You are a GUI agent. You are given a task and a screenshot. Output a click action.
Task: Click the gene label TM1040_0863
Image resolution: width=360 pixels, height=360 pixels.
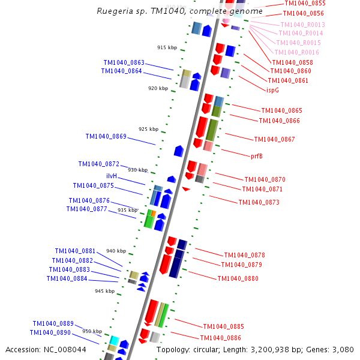pyautogui.click(x=124, y=62)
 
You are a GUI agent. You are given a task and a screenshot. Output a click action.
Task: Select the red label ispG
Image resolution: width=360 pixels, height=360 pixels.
pyautogui.click(x=272, y=90)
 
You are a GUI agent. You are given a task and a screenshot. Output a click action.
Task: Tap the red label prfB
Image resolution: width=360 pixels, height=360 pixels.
pyautogui.click(x=257, y=156)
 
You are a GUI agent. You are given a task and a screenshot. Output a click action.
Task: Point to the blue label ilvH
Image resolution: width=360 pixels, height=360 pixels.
pyautogui.click(x=112, y=176)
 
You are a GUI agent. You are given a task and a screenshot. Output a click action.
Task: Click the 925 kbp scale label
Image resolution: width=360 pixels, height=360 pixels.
pyautogui.click(x=148, y=129)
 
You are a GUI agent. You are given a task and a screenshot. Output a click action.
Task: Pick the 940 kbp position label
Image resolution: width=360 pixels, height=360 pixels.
pyautogui.click(x=116, y=251)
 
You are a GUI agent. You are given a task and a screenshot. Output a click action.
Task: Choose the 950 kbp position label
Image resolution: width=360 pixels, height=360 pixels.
pyautogui.click(x=92, y=331)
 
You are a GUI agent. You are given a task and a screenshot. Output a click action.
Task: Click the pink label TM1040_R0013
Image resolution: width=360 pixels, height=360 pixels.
pyautogui.click(x=302, y=25)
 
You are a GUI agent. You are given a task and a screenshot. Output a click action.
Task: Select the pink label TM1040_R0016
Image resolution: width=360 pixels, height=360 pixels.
pyautogui.click(x=298, y=53)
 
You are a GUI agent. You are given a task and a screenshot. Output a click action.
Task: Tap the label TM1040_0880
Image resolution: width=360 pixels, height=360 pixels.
pyautogui.click(x=238, y=279)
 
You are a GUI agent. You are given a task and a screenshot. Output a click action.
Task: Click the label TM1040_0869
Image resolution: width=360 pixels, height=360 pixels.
pyautogui.click(x=106, y=137)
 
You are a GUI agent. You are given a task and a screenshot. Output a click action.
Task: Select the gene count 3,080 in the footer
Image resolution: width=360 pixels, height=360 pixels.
pyautogui.click(x=343, y=350)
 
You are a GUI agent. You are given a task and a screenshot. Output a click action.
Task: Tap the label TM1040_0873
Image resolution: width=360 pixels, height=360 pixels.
pyautogui.click(x=259, y=203)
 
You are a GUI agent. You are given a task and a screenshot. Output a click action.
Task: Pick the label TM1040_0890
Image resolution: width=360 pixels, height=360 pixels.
pyautogui.click(x=50, y=333)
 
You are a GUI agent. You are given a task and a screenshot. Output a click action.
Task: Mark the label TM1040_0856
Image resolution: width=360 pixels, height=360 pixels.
pyautogui.click(x=303, y=13)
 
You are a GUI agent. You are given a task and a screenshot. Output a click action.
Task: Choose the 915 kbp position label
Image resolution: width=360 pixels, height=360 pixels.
pyautogui.click(x=167, y=47)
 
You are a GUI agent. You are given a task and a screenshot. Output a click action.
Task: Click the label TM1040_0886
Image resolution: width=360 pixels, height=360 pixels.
pyautogui.click(x=220, y=338)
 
